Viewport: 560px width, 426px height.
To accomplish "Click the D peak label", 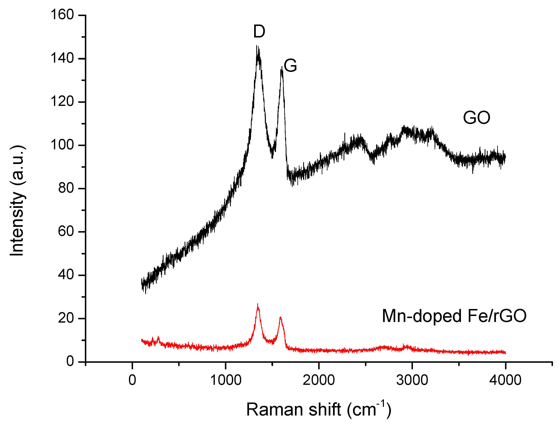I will point(259,32).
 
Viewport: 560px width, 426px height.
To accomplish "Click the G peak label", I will point(290,66).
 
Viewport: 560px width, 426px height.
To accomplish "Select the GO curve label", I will point(477,118).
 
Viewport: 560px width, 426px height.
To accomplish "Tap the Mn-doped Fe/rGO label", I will point(454,316).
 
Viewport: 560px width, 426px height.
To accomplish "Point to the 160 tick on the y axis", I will point(62,15).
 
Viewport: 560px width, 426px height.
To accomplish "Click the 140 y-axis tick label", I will point(62,58).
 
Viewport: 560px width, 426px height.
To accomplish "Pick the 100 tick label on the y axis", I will point(62,145).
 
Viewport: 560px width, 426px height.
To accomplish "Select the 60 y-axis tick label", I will point(66,232).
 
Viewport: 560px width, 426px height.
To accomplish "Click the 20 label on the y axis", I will point(66,318).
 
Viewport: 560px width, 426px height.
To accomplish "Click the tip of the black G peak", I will point(282,67).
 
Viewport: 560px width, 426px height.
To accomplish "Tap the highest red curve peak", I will point(258,304).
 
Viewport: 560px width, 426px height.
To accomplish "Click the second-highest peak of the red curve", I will point(280,317).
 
